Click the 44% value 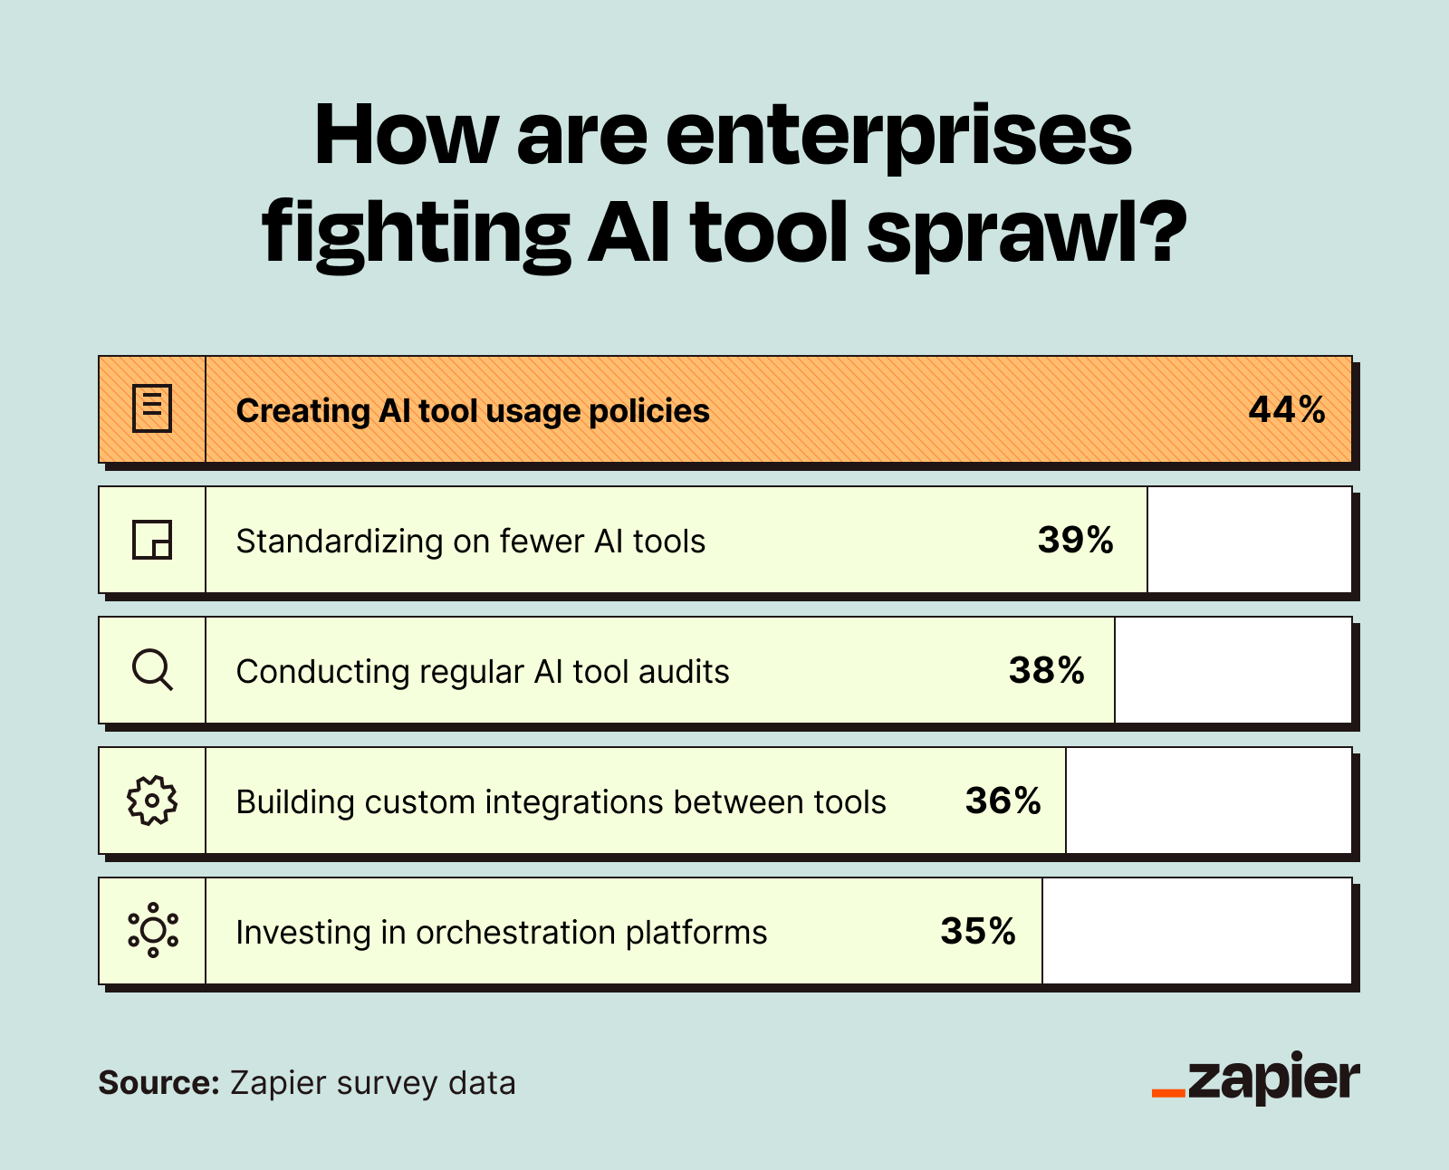click(1286, 410)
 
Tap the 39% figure click(1075, 541)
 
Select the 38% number click(1046, 671)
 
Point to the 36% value click(1003, 801)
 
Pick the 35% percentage click(978, 932)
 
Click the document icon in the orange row click(152, 409)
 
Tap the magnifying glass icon click(152, 671)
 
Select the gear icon click(152, 801)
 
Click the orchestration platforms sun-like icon click(152, 931)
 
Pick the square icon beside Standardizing click(152, 540)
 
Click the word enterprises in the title click(897, 137)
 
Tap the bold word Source click(158, 1083)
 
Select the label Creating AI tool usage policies click(472, 411)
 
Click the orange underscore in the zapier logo click(1168, 1093)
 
